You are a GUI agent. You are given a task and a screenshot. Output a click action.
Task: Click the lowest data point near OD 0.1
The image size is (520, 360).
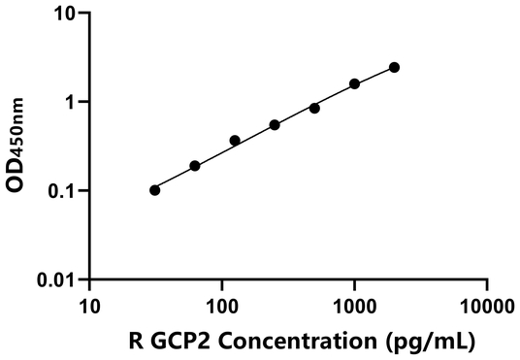[155, 190]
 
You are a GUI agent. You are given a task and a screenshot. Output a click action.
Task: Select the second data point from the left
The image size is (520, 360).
[195, 166]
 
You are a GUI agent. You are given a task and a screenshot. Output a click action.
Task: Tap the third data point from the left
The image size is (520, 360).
[235, 141]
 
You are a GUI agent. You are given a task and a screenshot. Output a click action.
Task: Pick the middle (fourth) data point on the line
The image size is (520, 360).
[275, 125]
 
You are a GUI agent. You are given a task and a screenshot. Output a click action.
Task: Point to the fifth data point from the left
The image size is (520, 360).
[314, 108]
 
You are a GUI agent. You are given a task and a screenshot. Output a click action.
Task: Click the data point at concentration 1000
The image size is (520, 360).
[354, 84]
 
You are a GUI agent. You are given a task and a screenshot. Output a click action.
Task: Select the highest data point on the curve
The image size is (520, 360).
[394, 67]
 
